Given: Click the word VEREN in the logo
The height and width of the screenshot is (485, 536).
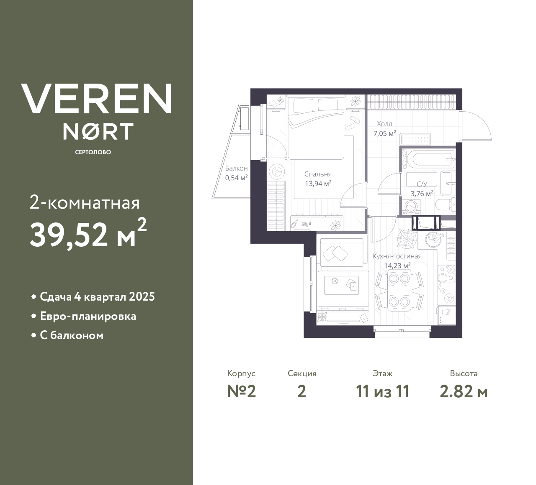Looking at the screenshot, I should [96, 98].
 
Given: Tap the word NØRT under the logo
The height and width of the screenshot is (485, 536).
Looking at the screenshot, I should [98, 131].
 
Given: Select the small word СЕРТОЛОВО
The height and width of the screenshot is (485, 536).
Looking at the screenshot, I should [93, 152].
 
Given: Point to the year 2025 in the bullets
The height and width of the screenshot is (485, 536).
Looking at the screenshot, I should [142, 297].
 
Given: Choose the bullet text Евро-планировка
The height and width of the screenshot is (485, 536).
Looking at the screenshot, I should [88, 316].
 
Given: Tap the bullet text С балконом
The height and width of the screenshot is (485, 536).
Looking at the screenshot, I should [72, 335].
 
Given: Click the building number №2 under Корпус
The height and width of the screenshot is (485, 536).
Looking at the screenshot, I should [242, 391].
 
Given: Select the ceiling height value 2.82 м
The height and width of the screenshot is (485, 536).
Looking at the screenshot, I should [464, 391].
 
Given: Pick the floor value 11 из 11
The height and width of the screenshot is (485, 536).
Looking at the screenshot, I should [382, 391].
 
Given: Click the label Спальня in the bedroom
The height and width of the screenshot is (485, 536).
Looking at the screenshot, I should [318, 174].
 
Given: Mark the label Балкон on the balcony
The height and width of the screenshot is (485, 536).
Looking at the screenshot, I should [236, 168].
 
